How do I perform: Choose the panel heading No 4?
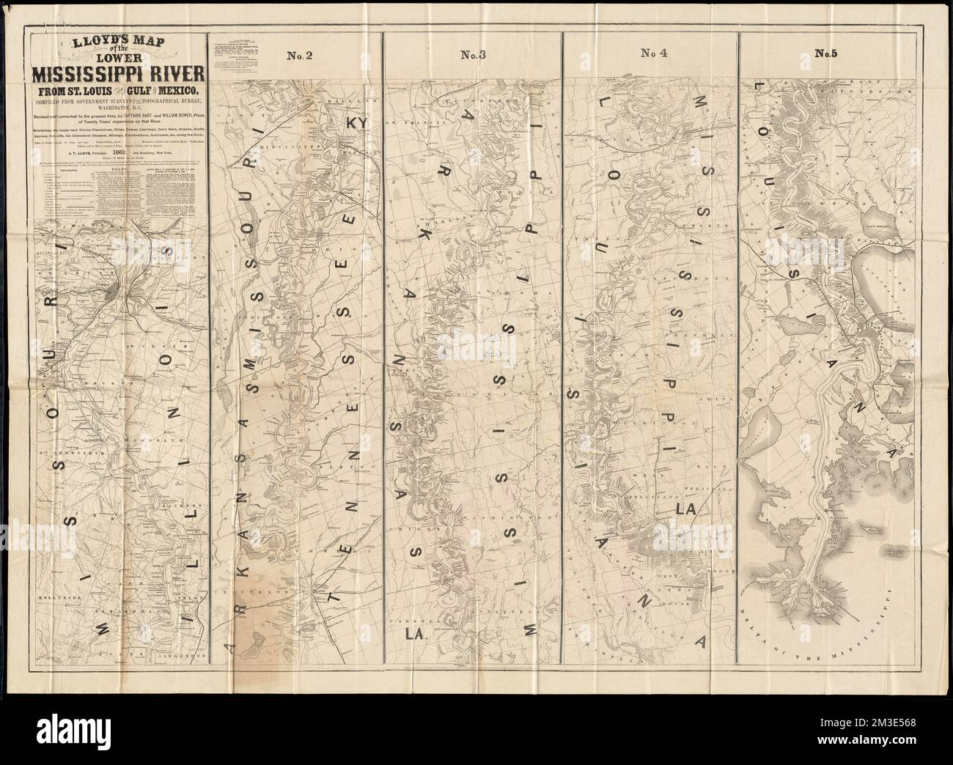652,53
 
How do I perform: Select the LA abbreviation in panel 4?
688,508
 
